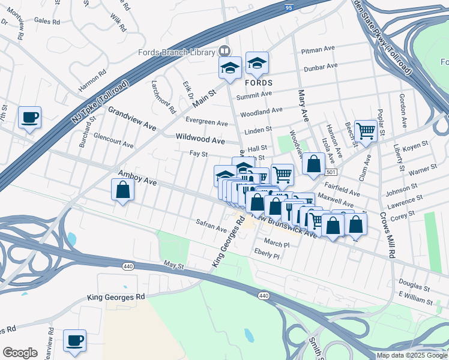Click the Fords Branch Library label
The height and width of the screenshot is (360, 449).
(178, 52)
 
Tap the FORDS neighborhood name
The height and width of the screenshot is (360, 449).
(259, 82)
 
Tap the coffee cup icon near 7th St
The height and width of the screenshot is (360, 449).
(29, 118)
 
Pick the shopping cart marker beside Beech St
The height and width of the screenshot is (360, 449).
(365, 131)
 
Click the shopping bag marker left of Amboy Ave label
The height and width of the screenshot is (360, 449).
(122, 191)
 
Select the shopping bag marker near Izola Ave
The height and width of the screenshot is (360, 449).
(313, 164)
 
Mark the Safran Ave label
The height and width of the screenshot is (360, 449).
(211, 226)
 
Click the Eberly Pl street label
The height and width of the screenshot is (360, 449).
(267, 254)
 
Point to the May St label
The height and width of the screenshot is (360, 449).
(173, 264)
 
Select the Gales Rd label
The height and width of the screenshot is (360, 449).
(47, 21)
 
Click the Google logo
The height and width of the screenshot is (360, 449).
(20, 353)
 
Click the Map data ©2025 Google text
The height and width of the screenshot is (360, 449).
(412, 355)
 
